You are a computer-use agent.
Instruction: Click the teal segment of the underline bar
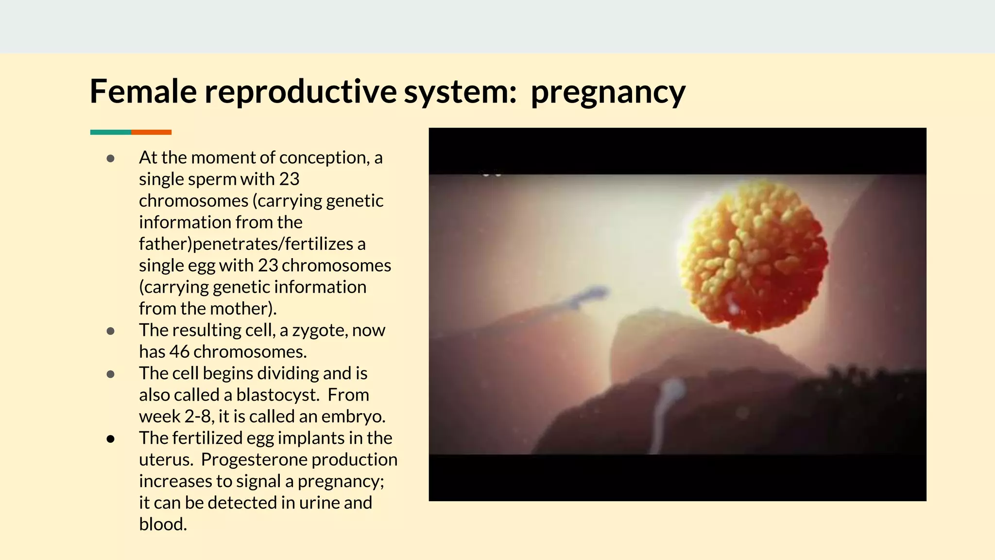click(x=110, y=132)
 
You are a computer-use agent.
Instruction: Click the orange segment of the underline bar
click(x=151, y=132)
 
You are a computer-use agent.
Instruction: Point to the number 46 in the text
click(x=179, y=352)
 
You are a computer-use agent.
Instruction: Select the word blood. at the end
click(x=163, y=525)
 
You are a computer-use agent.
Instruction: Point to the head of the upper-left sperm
click(x=597, y=293)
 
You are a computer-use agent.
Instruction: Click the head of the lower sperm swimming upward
click(x=673, y=389)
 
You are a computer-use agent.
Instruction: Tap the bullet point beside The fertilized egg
click(x=110, y=438)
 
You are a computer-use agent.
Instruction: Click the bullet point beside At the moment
click(x=110, y=158)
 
